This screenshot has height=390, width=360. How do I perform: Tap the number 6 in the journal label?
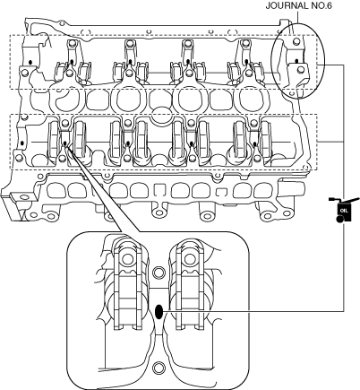tap(329, 5)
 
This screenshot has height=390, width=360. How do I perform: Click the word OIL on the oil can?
tap(344, 211)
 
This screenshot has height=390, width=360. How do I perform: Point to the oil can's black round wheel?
tap(339, 220)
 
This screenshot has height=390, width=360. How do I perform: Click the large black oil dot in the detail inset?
tap(159, 313)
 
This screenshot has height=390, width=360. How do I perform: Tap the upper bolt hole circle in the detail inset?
tap(159, 273)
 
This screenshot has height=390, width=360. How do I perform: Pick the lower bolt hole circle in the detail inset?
tap(159, 368)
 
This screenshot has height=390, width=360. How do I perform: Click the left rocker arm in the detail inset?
tap(128, 284)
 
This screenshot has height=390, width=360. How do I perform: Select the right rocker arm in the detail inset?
tap(189, 284)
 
